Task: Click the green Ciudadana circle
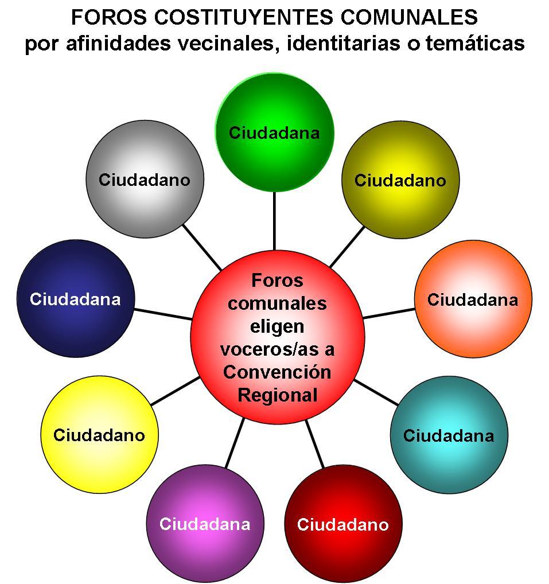(274, 133)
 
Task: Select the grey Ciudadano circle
(144, 178)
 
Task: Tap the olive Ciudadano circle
(400, 180)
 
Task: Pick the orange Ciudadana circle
(473, 299)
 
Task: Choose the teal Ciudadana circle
(449, 435)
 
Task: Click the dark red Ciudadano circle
(342, 524)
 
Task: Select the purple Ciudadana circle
(205, 524)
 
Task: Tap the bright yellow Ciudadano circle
(99, 434)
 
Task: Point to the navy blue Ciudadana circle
(75, 299)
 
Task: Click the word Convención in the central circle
(277, 372)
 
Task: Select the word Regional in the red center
(277, 395)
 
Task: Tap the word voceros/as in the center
(277, 349)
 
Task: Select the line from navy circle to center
(163, 314)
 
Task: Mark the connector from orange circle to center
(389, 313)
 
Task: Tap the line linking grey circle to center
(203, 247)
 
